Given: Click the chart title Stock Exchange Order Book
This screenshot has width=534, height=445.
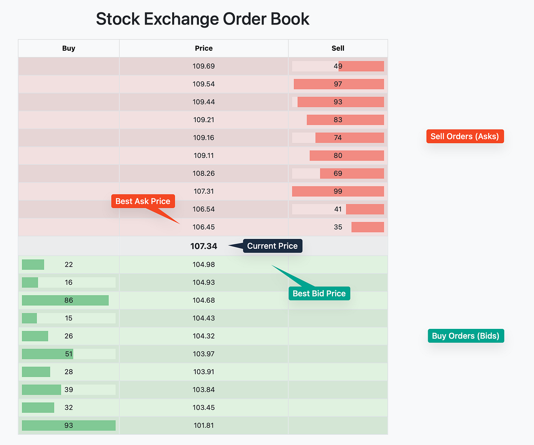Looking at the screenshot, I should pyautogui.click(x=202, y=19).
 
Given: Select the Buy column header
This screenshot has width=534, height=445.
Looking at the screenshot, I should pyautogui.click(x=69, y=48).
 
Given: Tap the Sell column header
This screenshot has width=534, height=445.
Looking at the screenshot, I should pyautogui.click(x=338, y=48).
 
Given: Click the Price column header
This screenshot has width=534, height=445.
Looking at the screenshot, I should pyautogui.click(x=204, y=48).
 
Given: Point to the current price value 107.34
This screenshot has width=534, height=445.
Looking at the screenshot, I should pyautogui.click(x=203, y=246).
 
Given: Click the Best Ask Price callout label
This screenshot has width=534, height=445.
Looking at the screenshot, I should pyautogui.click(x=143, y=201).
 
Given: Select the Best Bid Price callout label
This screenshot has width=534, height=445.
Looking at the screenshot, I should pyautogui.click(x=319, y=293).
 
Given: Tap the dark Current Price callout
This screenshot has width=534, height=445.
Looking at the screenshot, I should pyautogui.click(x=272, y=246).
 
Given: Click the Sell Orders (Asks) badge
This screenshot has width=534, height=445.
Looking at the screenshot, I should pyautogui.click(x=465, y=136).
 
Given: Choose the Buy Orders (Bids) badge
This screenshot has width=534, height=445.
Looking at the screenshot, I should pyautogui.click(x=465, y=336).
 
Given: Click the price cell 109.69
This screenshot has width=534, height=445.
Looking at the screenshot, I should pyautogui.click(x=204, y=66).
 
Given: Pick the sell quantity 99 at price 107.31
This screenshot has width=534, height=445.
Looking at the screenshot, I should pyautogui.click(x=338, y=191).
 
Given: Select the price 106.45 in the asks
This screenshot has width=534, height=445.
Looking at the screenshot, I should pyautogui.click(x=204, y=227).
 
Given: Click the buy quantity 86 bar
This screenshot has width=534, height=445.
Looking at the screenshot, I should pyautogui.click(x=65, y=300).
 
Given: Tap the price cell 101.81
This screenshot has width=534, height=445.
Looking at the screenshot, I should pyautogui.click(x=204, y=425).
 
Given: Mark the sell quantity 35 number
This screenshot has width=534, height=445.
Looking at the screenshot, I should pyautogui.click(x=338, y=227).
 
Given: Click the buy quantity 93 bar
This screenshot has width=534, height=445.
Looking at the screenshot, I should pyautogui.click(x=69, y=425).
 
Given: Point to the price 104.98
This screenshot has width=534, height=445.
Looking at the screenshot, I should pyautogui.click(x=204, y=264).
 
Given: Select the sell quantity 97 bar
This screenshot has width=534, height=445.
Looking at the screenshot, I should pyautogui.click(x=339, y=84).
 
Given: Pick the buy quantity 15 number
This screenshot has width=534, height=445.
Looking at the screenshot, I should pyautogui.click(x=69, y=318).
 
